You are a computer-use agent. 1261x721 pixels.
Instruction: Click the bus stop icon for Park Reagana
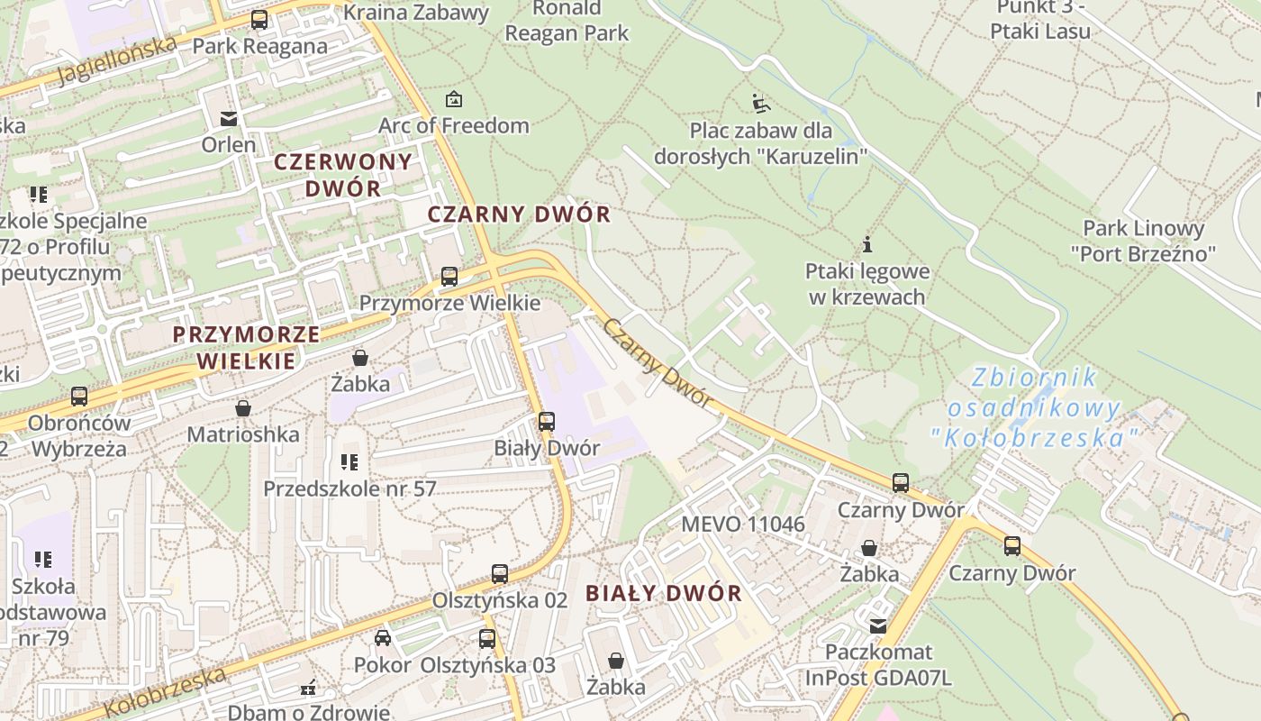pos(259,20)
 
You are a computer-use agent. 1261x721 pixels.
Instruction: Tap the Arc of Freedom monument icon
pos(454,99)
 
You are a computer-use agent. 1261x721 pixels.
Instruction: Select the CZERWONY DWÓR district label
pos(342,175)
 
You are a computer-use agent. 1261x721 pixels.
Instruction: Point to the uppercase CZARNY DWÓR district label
pos(519,214)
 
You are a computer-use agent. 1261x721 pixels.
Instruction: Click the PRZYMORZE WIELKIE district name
pos(246,348)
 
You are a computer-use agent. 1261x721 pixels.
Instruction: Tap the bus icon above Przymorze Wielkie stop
pos(449,277)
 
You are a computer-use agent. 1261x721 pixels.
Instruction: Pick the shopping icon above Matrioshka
pos(243,408)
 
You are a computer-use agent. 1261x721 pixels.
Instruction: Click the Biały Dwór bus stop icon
pos(547,422)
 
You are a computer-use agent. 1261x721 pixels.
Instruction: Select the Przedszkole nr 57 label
pos(349,488)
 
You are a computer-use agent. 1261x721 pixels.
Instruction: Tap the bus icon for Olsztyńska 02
pos(500,574)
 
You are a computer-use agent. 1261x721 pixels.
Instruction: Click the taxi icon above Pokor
pos(383,638)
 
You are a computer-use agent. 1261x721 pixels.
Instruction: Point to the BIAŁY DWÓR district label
pos(664,593)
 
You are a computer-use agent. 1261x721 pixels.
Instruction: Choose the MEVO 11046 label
pos(743,524)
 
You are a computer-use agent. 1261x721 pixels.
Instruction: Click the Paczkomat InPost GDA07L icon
pos(878,625)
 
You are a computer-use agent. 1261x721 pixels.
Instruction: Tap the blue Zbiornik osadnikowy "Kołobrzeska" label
pos(1034,407)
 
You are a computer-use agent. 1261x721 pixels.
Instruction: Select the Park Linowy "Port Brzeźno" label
pos(1143,241)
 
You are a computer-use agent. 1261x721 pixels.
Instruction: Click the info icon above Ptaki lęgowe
pos(867,244)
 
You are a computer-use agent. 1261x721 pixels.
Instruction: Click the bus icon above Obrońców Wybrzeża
pos(79,397)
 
